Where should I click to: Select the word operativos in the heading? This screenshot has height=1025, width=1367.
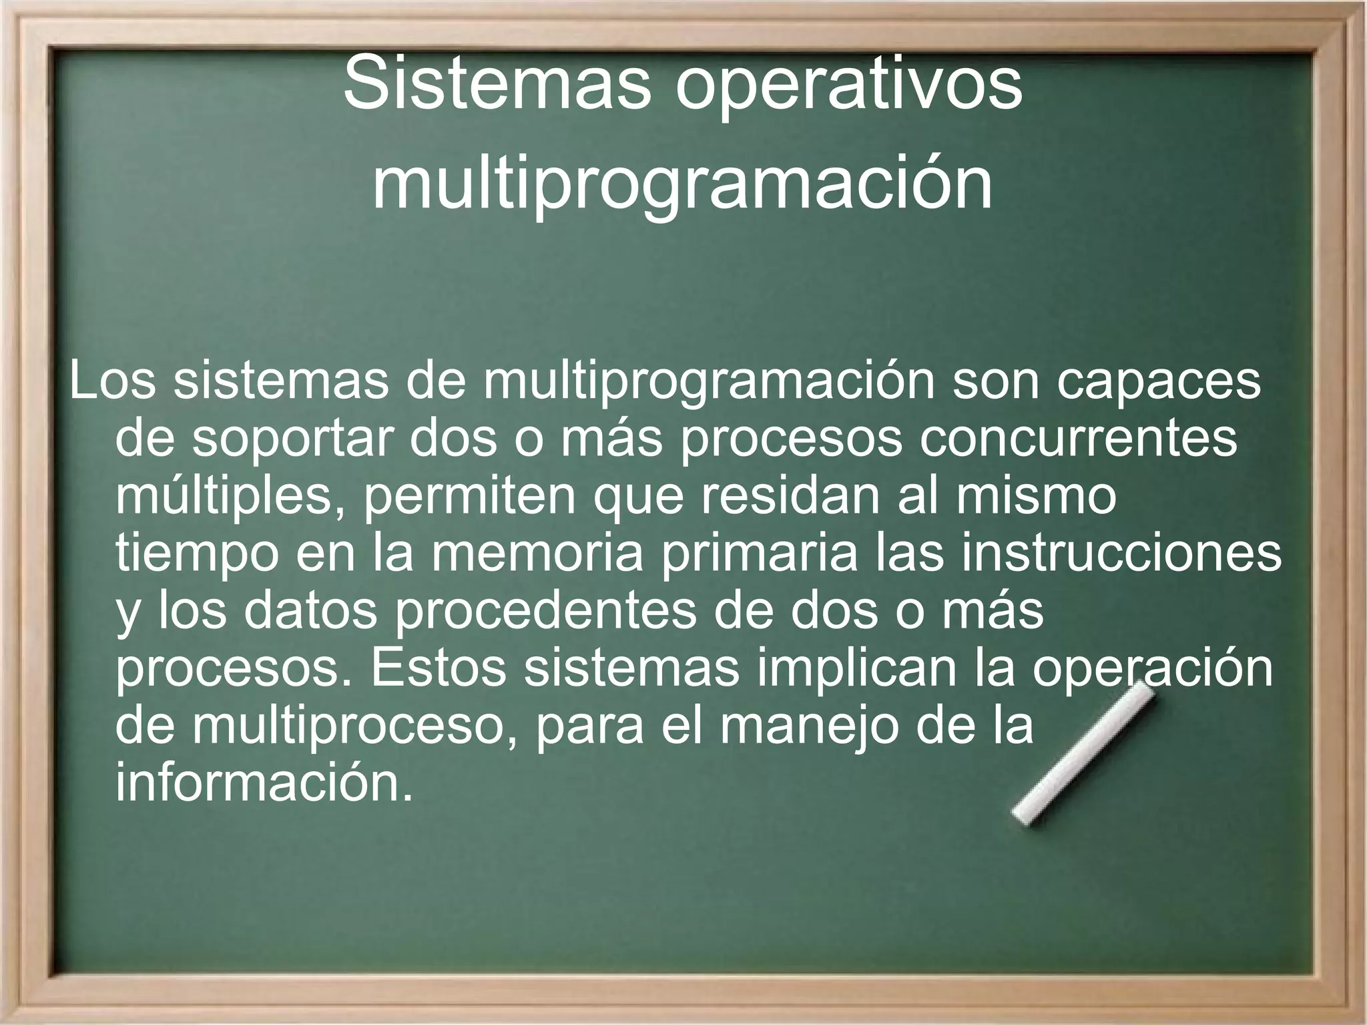click(x=849, y=85)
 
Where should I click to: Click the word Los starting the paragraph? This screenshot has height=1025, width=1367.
click(x=112, y=382)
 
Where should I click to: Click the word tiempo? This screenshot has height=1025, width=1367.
click(x=197, y=554)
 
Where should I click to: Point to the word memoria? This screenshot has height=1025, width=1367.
click(x=537, y=554)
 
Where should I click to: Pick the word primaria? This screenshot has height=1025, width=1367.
click(x=759, y=554)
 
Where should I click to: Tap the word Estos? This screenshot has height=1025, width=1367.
click(x=438, y=669)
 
